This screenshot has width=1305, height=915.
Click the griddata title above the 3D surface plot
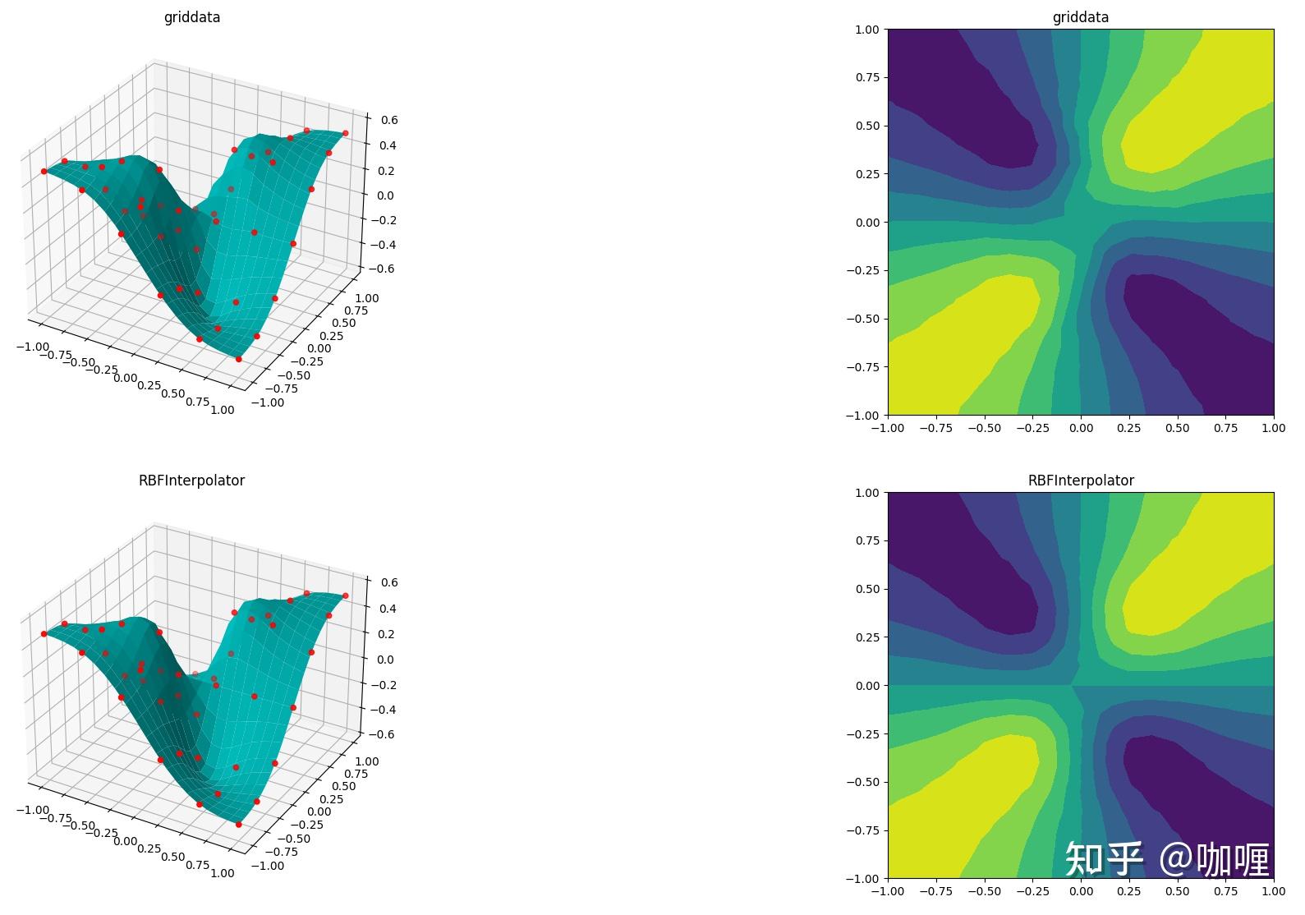(191, 17)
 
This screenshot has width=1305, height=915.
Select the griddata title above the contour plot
(1080, 17)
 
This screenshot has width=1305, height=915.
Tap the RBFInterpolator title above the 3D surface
(191, 480)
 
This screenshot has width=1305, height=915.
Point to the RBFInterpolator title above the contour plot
(1080, 480)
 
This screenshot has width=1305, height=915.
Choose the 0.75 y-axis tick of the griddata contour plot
(866, 77)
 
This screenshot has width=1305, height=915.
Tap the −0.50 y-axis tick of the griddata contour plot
(862, 319)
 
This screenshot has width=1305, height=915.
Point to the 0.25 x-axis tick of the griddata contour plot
(1129, 428)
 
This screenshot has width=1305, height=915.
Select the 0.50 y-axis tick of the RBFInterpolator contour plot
(866, 589)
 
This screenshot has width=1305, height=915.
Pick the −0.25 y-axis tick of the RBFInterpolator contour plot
(862, 733)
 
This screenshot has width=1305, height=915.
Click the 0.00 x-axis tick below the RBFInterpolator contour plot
(1081, 891)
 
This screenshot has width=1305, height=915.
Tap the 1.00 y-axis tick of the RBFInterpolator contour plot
(866, 493)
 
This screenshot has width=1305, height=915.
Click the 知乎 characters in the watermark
(1104, 859)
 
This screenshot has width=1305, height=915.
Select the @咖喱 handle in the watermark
(1215, 859)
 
